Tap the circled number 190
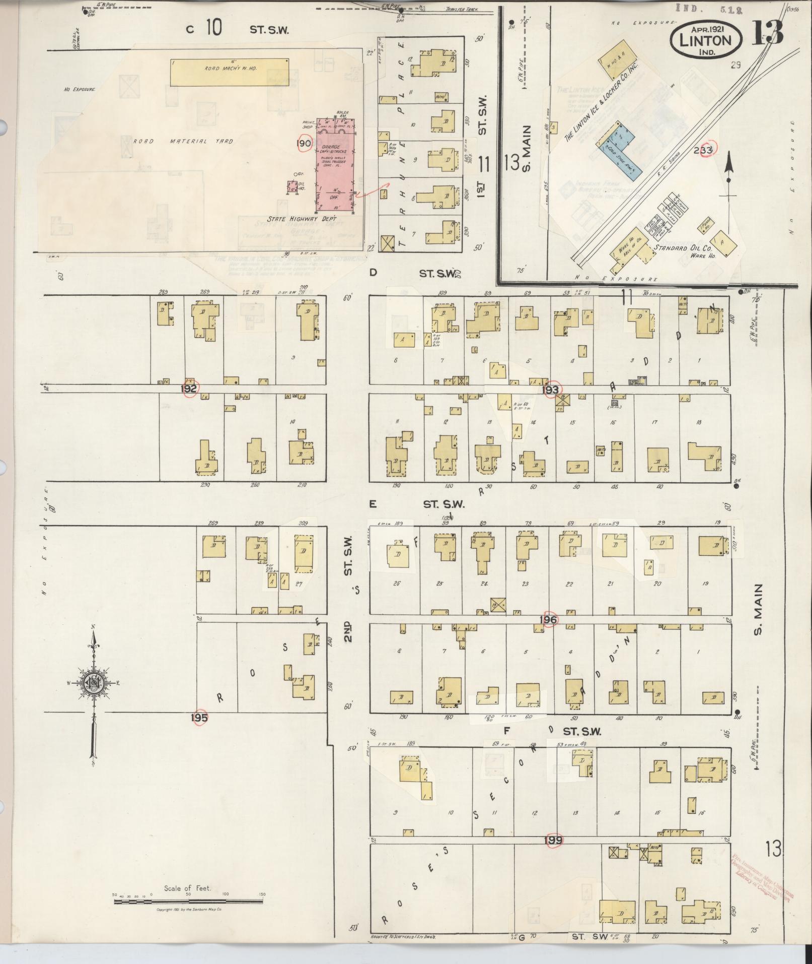click(305, 143)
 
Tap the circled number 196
click(548, 619)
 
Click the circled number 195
click(199, 718)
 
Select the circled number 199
click(555, 840)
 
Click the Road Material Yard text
click(183, 141)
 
